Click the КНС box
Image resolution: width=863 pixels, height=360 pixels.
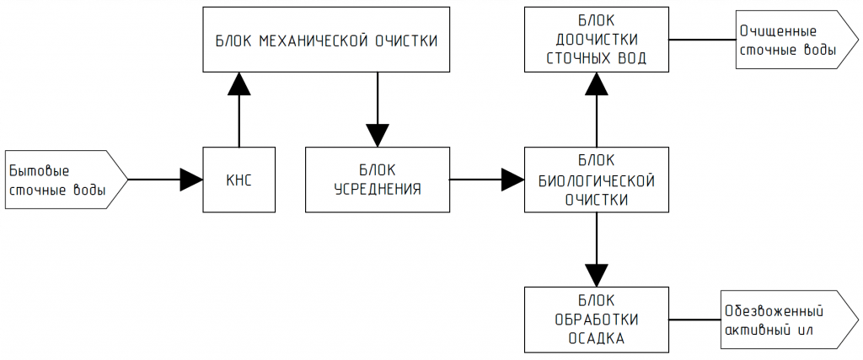pyautogui.click(x=239, y=179)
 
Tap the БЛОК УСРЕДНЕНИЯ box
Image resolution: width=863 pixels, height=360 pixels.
pyautogui.click(x=377, y=179)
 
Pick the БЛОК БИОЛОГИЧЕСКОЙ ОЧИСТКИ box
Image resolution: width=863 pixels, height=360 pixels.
pyautogui.click(x=596, y=179)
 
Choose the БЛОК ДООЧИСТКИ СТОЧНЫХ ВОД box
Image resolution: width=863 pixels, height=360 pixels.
pyautogui.click(x=596, y=40)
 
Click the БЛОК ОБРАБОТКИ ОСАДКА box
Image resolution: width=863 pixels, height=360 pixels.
pyautogui.click(x=596, y=320)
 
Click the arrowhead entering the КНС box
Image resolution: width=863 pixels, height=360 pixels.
pyautogui.click(x=192, y=179)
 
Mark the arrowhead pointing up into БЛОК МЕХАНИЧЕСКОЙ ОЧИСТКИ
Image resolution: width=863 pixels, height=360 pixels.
pyautogui.click(x=239, y=83)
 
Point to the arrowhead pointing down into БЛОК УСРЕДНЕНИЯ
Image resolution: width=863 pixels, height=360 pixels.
pyautogui.click(x=377, y=135)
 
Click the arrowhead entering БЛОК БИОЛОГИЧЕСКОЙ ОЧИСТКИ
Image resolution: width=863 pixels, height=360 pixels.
pyautogui.click(x=512, y=179)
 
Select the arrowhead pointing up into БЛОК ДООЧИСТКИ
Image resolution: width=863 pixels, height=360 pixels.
pyautogui.click(x=596, y=83)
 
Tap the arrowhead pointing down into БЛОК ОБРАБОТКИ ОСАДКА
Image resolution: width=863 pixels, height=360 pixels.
pyautogui.click(x=596, y=275)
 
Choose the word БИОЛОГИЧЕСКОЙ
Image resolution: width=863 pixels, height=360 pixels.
pyautogui.click(x=597, y=180)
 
